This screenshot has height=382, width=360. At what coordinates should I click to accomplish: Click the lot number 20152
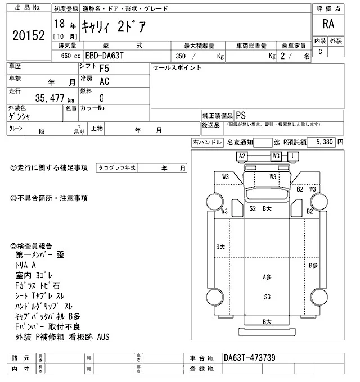coord(28,35)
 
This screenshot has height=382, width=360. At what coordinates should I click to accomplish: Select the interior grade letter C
coord(320,52)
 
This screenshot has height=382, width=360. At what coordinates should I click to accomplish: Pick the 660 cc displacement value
coord(63,56)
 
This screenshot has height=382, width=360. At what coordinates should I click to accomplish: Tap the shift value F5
coord(104,70)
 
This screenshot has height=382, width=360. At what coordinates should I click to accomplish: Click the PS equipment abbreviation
coord(240,114)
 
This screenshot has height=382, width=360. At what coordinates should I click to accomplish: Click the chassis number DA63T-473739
coord(250,358)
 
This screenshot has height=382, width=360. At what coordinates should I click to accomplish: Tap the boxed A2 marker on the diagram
coord(242,156)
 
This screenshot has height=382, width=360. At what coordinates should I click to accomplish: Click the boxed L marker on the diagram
coord(294,156)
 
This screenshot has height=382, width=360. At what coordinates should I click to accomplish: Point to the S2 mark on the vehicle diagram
coord(253,208)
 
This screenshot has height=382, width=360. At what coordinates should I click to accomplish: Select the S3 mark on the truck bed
coord(268,296)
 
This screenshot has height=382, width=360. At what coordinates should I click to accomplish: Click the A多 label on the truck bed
coord(267,277)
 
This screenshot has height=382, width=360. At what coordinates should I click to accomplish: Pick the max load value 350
coord(181,56)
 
